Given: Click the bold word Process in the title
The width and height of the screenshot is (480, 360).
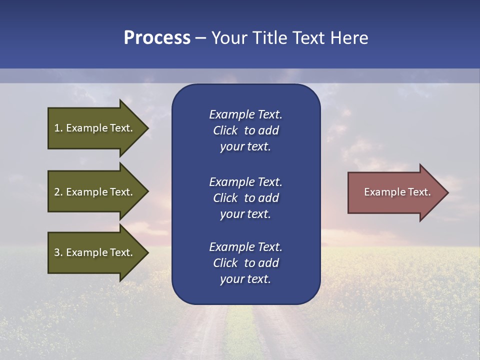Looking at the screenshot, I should click(x=157, y=38).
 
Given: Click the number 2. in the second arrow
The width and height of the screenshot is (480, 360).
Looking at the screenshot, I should click(x=58, y=192).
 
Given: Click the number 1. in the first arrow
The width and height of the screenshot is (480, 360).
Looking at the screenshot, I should click(x=58, y=128).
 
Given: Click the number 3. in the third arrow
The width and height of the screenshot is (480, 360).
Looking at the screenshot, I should click(x=58, y=252).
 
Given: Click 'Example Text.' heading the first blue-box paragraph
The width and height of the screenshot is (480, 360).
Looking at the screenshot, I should click(x=245, y=114).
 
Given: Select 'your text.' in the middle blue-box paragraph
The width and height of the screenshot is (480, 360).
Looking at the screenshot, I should click(x=245, y=214).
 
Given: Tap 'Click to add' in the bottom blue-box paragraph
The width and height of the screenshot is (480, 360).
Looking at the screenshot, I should click(x=245, y=263).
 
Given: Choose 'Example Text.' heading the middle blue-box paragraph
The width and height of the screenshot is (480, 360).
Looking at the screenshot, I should click(x=245, y=182).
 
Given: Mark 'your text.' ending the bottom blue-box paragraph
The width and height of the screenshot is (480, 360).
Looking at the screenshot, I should click(x=245, y=279).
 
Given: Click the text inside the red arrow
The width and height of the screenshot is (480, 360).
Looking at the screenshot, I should click(x=397, y=192).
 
